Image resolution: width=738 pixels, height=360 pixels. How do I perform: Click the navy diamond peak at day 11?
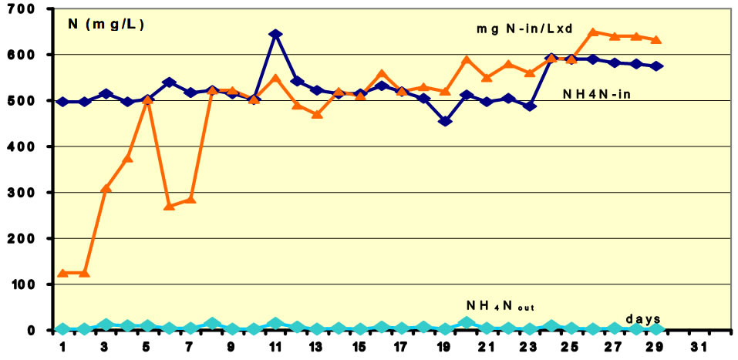[275, 35]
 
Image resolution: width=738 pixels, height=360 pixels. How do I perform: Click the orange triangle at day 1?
[62, 273]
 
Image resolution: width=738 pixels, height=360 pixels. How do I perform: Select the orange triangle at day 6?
[170, 206]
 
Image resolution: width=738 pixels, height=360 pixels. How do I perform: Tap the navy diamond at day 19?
[446, 121]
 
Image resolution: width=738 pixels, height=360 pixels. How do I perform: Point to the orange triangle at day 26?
[593, 32]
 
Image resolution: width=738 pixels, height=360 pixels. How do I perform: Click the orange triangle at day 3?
[106, 188]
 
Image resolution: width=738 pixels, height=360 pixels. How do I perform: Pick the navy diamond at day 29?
[657, 66]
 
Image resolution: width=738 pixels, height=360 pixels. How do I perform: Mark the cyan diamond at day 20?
[467, 323]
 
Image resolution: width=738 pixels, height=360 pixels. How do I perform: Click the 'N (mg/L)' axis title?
[106, 24]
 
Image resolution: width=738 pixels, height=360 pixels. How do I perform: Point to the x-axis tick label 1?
[62, 345]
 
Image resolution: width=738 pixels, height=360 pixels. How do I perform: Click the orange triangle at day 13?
[317, 114]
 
